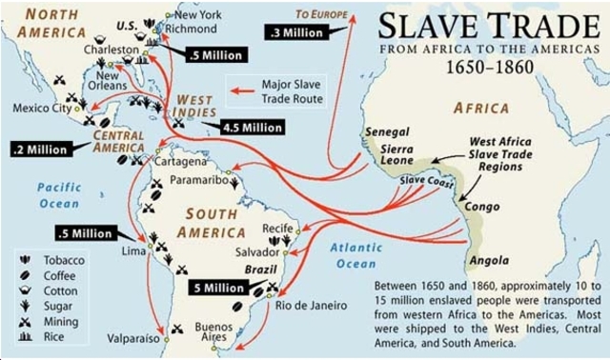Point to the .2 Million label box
(39, 150)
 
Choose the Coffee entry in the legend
(60, 275)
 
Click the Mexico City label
(42, 108)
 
